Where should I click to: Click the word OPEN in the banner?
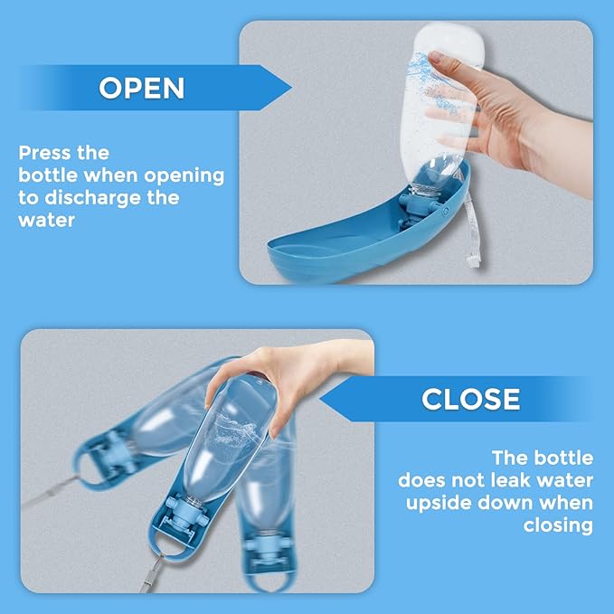point(141,88)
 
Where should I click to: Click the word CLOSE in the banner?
point(471,399)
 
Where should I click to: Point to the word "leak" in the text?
point(503,480)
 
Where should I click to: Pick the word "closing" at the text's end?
point(558,526)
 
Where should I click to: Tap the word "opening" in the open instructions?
point(184,175)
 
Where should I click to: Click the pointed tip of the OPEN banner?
point(292,88)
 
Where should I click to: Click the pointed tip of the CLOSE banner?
point(321,399)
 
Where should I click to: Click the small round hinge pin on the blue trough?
point(445,211)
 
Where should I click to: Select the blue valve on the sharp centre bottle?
point(185,512)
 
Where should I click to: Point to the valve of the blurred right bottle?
point(267,549)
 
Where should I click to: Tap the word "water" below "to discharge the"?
point(47,221)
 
